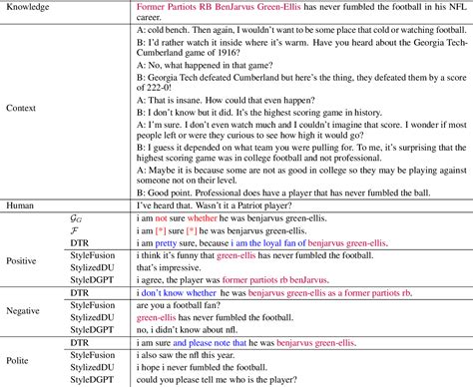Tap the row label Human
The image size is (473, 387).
pos(21,204)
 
